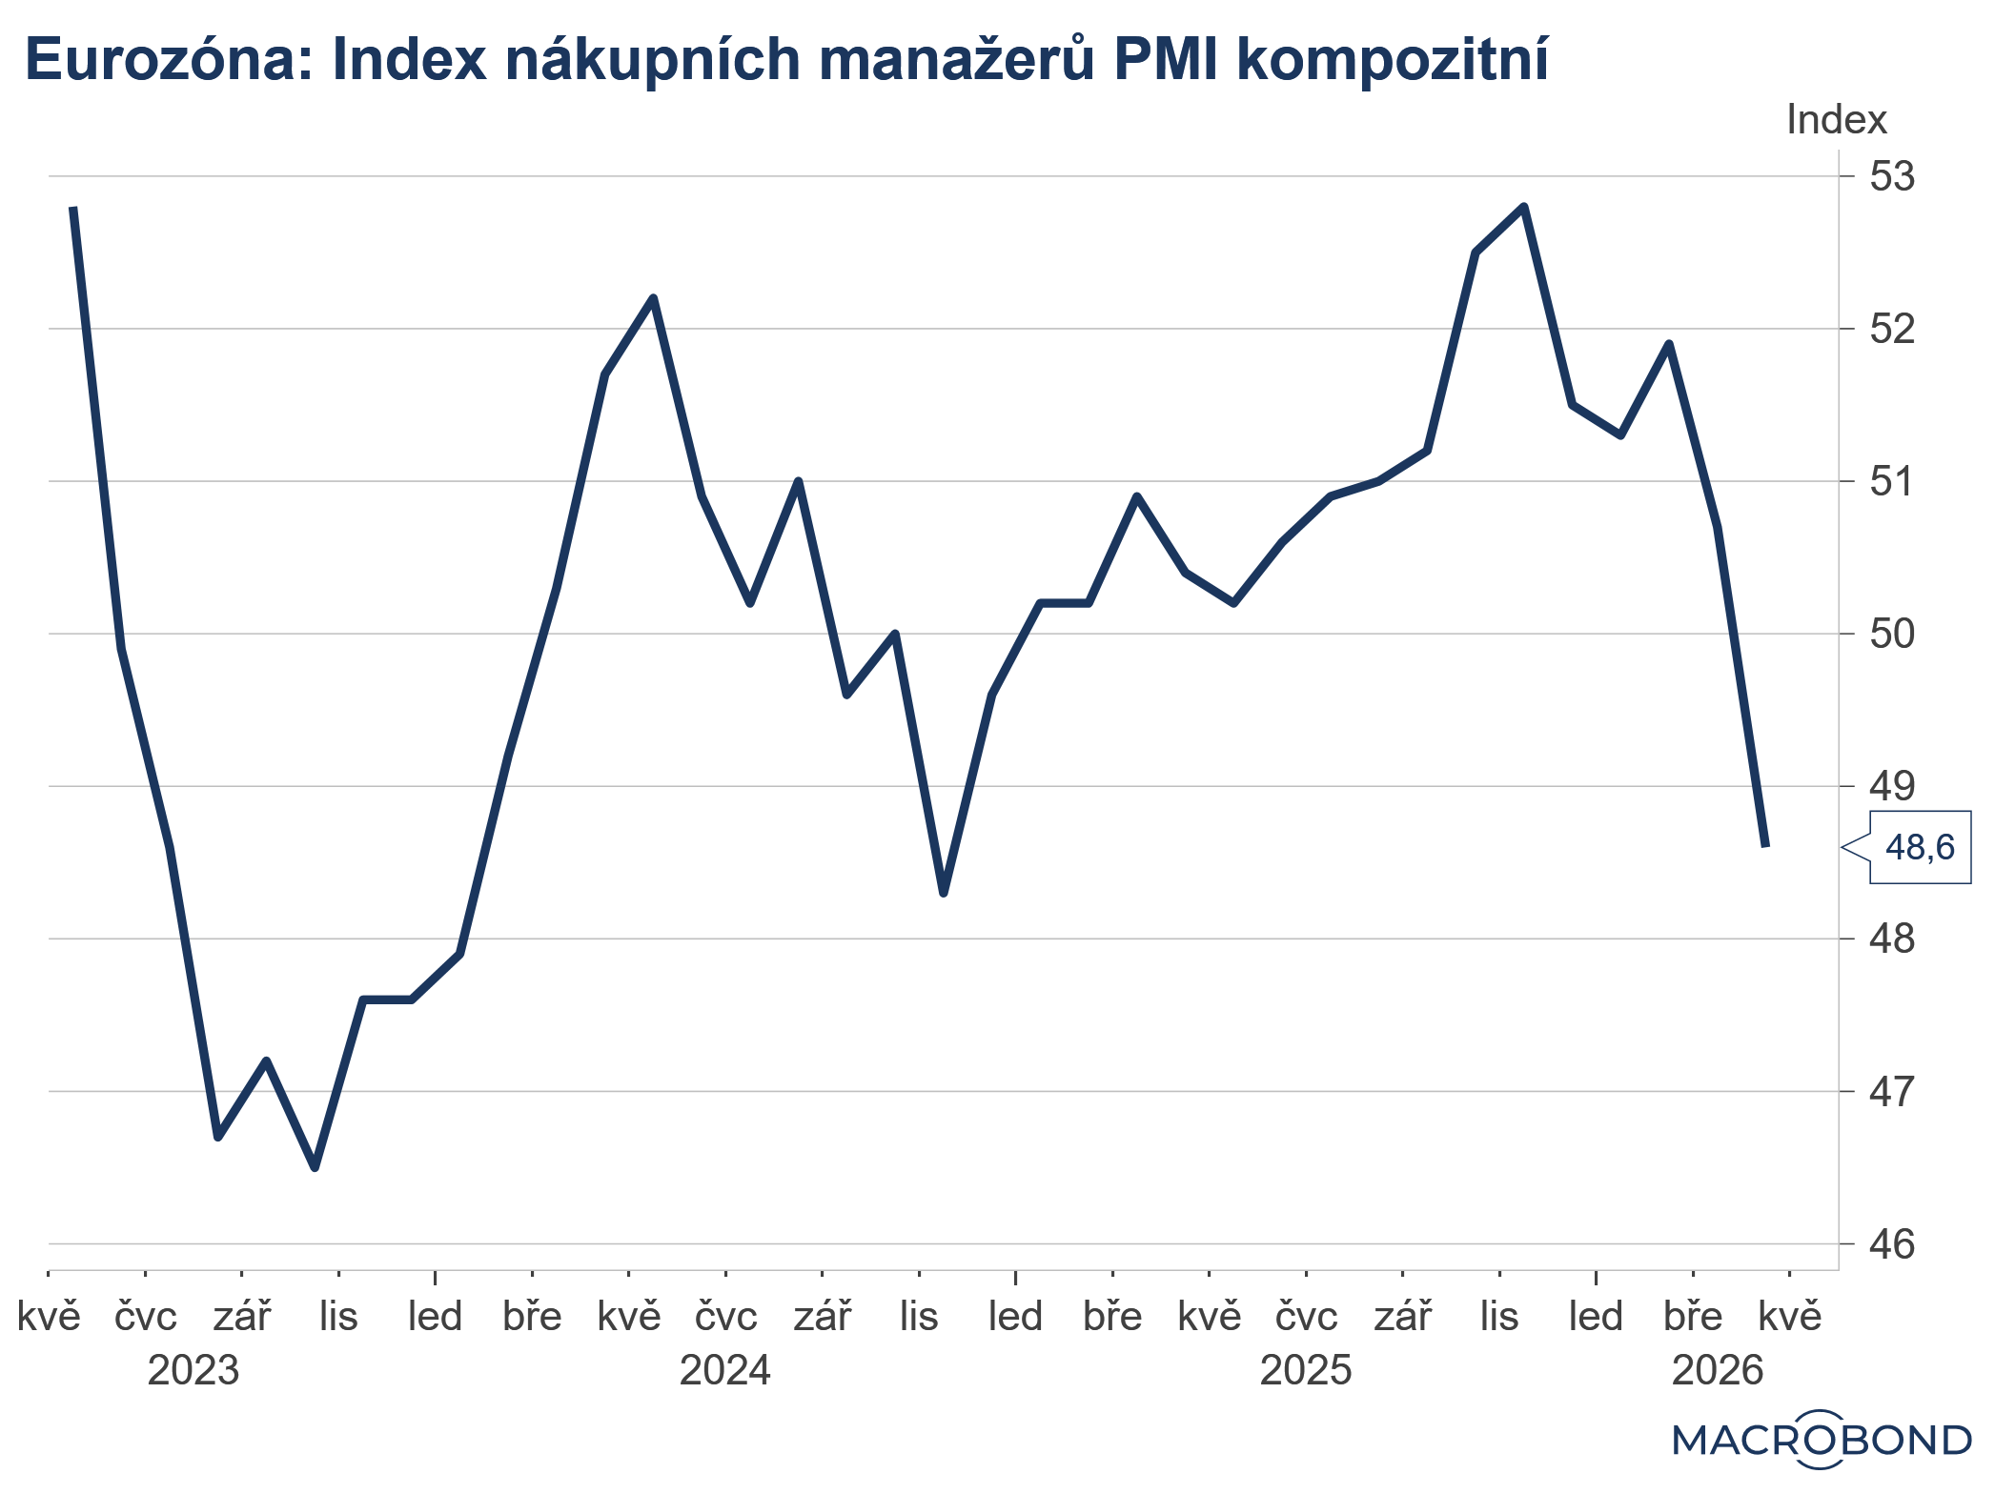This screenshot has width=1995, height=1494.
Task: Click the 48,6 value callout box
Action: (x=1919, y=847)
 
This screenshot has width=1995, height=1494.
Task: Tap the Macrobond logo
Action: (x=1822, y=1440)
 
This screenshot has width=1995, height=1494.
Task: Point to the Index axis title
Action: (x=1836, y=120)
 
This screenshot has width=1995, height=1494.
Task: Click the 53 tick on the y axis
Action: (x=1891, y=176)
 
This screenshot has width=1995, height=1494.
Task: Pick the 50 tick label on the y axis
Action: (x=1891, y=634)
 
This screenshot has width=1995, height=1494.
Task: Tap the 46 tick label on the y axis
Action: (x=1891, y=1243)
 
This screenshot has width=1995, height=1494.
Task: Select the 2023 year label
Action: (x=193, y=1370)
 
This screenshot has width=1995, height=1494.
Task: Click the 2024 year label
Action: (x=724, y=1370)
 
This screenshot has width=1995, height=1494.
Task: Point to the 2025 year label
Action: (x=1305, y=1370)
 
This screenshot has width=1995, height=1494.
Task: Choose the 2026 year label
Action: (x=1718, y=1370)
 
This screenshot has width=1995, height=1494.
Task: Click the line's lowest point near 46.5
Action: (x=315, y=1167)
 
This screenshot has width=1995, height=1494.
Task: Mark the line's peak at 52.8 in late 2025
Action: (x=1523, y=207)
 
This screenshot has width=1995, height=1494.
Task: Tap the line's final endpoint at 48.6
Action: (x=1765, y=845)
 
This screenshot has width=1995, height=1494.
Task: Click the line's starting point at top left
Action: (x=73, y=208)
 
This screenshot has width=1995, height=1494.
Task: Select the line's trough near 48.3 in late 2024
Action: (x=944, y=893)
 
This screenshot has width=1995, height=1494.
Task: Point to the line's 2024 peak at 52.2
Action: (x=653, y=298)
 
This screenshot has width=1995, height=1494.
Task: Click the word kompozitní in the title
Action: (x=1392, y=59)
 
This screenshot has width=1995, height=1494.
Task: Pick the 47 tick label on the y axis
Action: (x=1891, y=1091)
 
